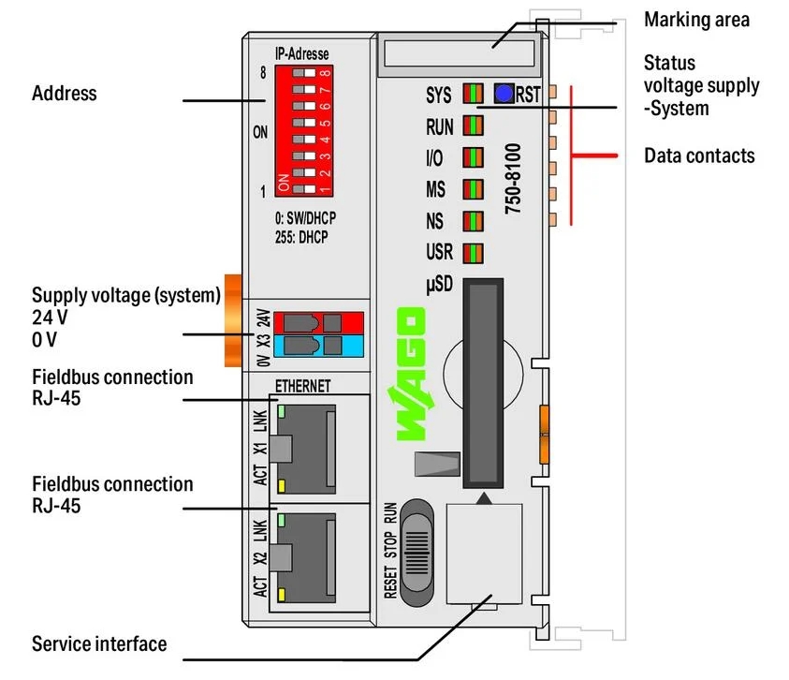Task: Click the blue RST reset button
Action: point(504,94)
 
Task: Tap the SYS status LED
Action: point(473,94)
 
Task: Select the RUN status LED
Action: point(473,126)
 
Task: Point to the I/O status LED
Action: point(473,157)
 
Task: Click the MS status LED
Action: point(473,189)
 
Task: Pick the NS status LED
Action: point(473,221)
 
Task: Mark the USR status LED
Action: point(473,253)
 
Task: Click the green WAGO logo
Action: point(410,374)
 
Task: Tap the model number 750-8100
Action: point(513,179)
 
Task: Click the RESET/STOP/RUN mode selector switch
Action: point(417,553)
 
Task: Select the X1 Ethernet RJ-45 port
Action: point(303,449)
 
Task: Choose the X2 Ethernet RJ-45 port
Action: point(303,558)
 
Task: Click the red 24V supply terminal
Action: point(318,322)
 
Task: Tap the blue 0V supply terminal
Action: point(318,346)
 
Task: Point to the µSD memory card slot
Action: point(483,383)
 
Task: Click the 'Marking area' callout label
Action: point(696,21)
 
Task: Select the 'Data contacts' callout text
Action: point(699,155)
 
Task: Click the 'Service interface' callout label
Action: point(99,643)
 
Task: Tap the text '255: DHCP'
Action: point(301,237)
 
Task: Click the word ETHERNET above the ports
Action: point(303,386)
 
